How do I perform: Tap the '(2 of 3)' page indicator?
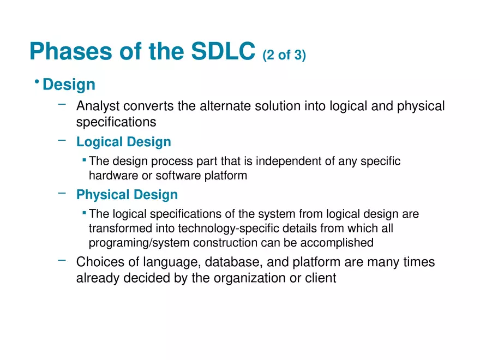(284, 55)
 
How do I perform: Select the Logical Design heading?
(123, 142)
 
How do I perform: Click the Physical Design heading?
(127, 195)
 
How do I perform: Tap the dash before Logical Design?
(62, 140)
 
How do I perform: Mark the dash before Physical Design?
(62, 193)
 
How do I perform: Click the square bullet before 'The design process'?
(84, 160)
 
